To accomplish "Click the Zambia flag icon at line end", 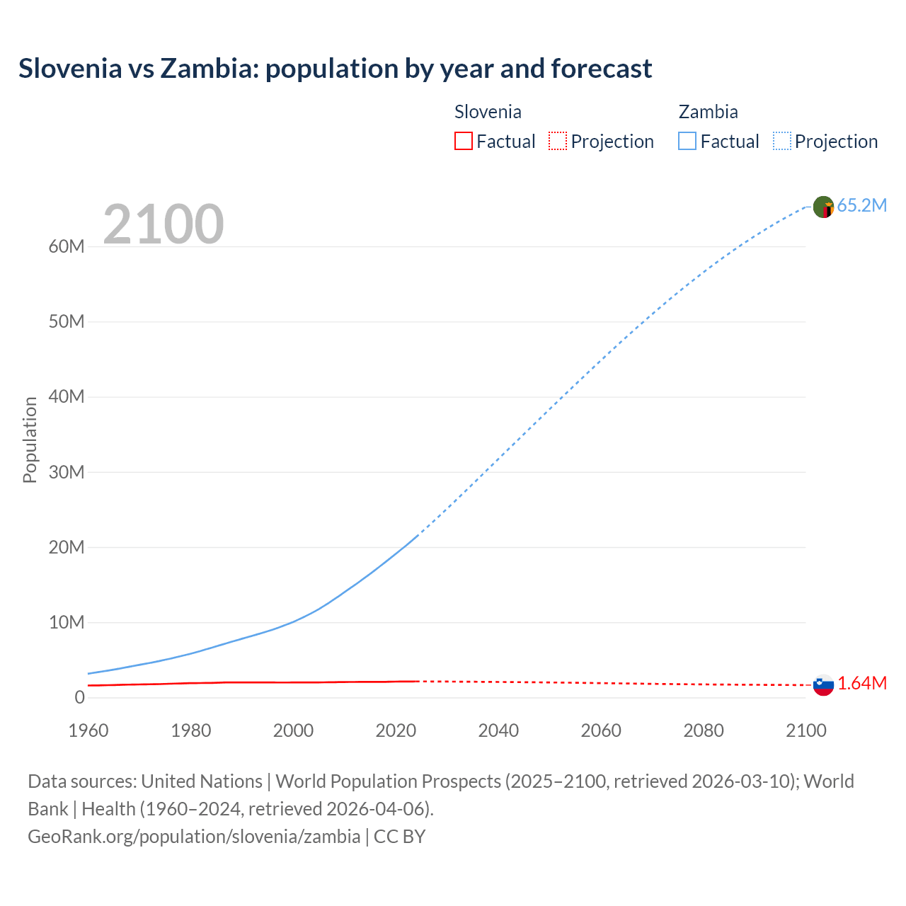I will (823, 207).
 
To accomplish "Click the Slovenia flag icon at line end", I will (823, 684).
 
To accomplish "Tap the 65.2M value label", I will (861, 205).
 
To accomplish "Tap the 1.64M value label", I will (861, 683).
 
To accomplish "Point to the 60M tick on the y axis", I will (67, 246).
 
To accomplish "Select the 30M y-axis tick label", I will (67, 472).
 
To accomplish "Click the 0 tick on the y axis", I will (79, 697).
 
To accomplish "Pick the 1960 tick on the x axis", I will (88, 730).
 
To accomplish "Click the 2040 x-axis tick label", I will (498, 730).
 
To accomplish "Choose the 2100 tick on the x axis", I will (805, 730).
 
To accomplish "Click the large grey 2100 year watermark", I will (164, 224).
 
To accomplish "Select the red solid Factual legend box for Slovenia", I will (463, 141).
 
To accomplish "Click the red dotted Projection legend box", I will (558, 141).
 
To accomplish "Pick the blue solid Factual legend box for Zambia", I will (687, 141).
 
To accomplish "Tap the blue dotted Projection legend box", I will (782, 141).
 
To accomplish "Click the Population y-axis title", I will (30, 440).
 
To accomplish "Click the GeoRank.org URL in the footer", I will (194, 836).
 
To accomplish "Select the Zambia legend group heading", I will (708, 112).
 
